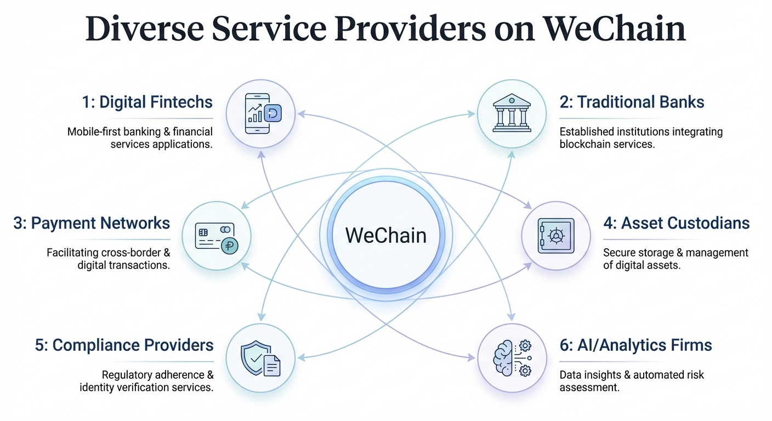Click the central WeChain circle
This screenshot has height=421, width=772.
click(x=387, y=236)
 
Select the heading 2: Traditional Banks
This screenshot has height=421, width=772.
click(x=632, y=102)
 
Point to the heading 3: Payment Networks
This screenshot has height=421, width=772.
click(x=92, y=223)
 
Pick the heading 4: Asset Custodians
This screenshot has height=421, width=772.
click(x=676, y=223)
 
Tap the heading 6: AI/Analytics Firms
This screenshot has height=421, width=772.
click(x=635, y=345)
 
